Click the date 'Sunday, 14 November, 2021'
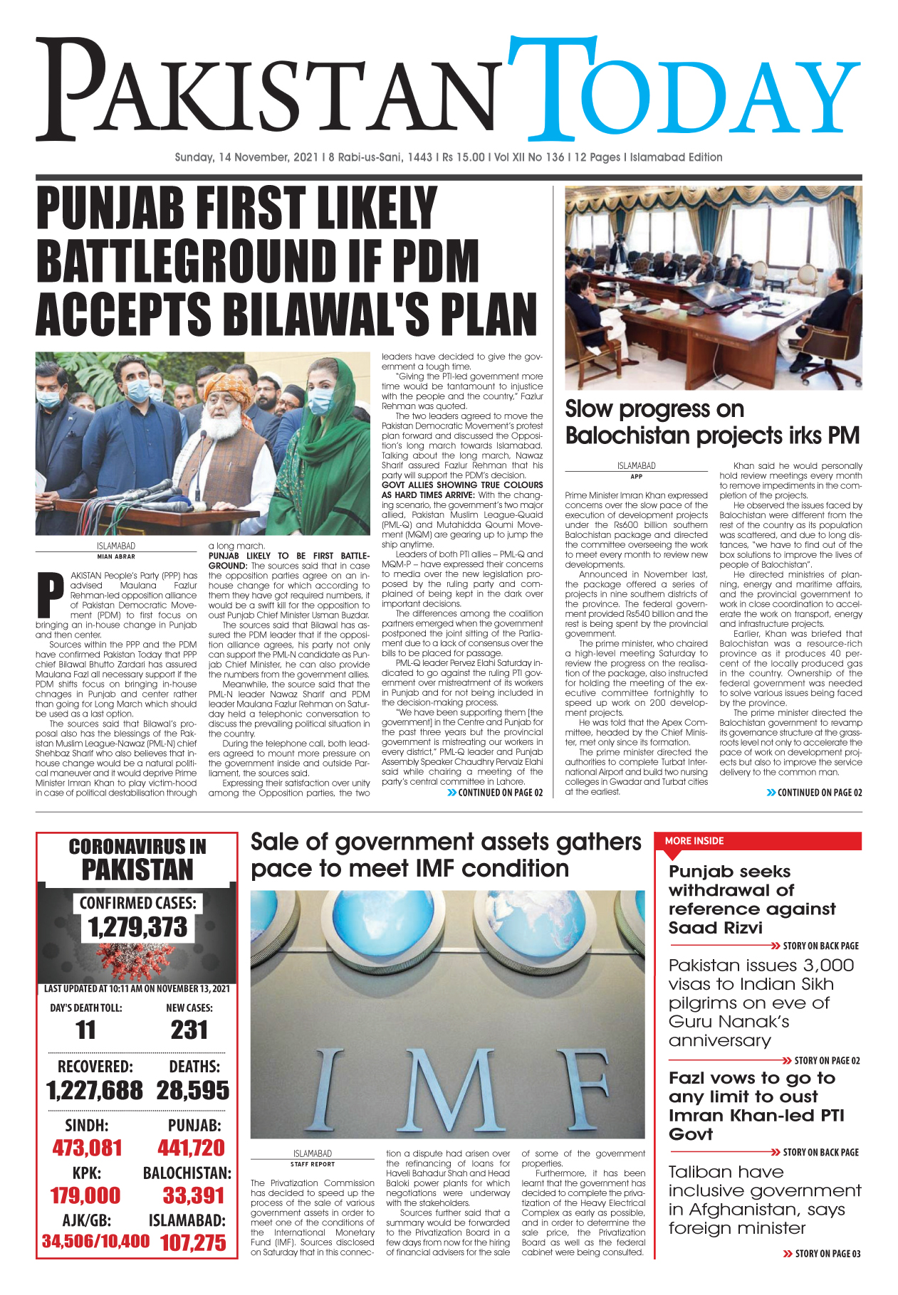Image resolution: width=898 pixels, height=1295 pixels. (x=246, y=157)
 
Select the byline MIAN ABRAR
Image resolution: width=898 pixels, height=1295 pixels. (x=116, y=556)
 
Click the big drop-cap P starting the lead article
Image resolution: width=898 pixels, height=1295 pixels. (x=51, y=595)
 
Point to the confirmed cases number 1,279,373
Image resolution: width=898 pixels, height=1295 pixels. (x=137, y=927)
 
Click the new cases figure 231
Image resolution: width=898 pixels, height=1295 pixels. (x=189, y=1030)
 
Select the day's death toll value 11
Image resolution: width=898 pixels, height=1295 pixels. (x=85, y=1030)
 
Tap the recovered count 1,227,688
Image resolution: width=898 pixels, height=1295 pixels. (x=95, y=1090)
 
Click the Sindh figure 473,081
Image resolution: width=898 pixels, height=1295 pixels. (x=87, y=1148)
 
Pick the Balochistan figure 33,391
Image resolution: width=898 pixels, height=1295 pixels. (x=193, y=1195)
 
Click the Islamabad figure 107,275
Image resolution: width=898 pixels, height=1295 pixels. (x=193, y=1243)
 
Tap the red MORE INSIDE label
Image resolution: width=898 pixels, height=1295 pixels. (x=694, y=840)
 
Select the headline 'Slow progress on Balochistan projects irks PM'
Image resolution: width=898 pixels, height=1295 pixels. (x=712, y=422)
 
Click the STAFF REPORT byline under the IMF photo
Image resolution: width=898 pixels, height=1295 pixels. (x=312, y=1164)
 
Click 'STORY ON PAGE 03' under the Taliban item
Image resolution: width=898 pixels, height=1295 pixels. (x=827, y=1274)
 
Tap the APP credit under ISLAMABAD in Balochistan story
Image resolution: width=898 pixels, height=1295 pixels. (x=636, y=477)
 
